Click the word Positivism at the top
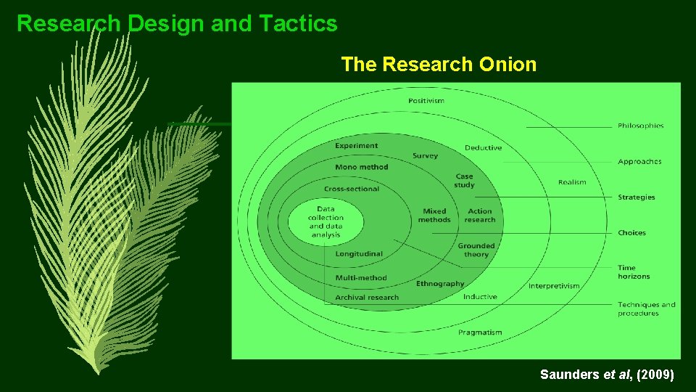click(426, 100)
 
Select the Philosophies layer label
click(640, 126)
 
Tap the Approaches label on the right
click(639, 161)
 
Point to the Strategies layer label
click(636, 197)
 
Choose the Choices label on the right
click(631, 232)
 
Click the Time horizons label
click(634, 271)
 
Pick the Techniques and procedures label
click(646, 309)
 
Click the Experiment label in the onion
click(356, 145)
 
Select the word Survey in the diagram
click(425, 155)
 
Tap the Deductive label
click(483, 147)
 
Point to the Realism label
click(572, 181)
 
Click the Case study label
click(464, 180)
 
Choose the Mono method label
click(361, 167)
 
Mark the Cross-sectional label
click(351, 189)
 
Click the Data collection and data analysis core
click(325, 221)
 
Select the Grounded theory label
click(476, 250)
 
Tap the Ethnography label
click(439, 283)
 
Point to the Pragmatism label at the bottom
click(479, 332)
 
